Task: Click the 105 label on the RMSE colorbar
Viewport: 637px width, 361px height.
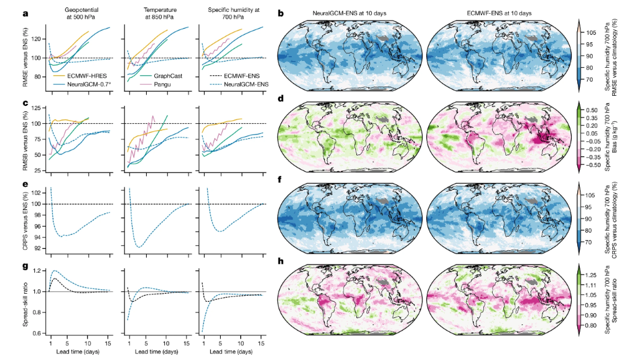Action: [x=592, y=32]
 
